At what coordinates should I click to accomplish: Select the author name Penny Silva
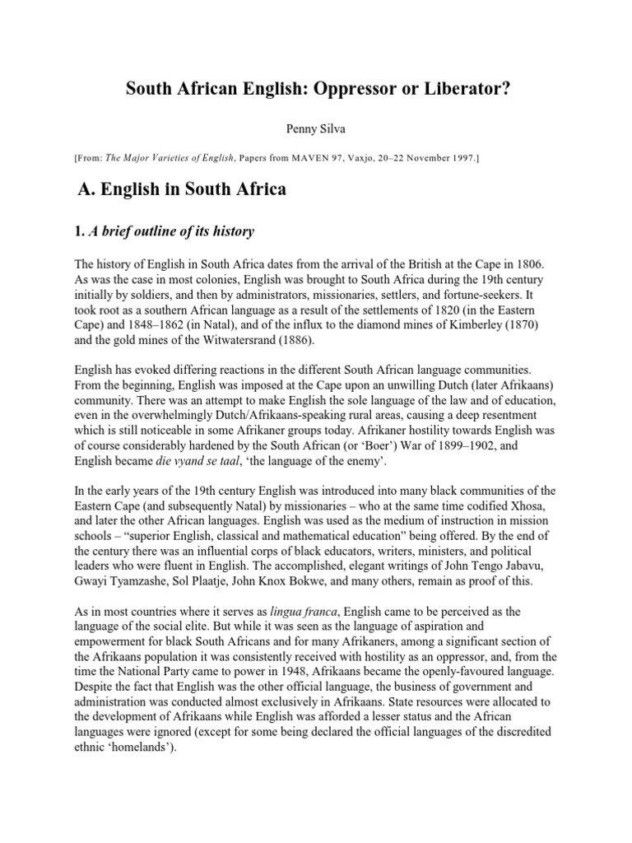316,128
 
